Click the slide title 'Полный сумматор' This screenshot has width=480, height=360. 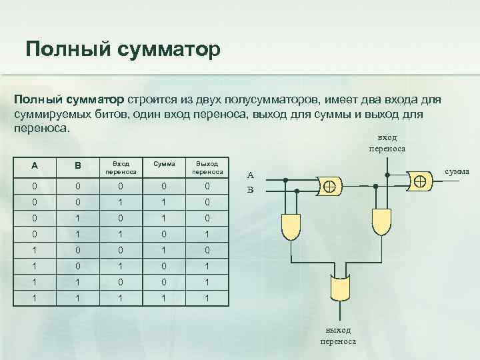point(122,49)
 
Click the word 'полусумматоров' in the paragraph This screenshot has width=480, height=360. point(276,99)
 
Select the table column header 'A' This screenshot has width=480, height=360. point(34,166)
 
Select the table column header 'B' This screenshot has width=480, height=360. point(77,166)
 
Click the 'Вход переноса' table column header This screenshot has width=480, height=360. point(121,166)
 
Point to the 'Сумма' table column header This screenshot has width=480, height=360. point(164,162)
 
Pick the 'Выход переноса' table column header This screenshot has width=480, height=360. point(207,166)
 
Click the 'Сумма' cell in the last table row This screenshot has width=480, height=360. point(164,297)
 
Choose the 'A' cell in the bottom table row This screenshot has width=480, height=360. point(34,297)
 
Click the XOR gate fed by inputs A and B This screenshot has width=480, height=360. point(329,185)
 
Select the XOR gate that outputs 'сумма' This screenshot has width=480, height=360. point(419,180)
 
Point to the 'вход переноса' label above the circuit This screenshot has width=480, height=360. point(386,143)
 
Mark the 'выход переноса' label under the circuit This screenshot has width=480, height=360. point(338,335)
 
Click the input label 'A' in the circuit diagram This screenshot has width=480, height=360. point(251,176)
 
